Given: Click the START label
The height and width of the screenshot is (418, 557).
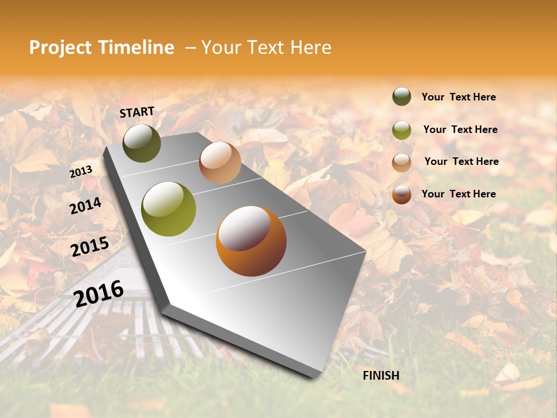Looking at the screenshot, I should [137, 112].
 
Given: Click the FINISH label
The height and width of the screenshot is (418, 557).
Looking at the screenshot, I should [381, 376].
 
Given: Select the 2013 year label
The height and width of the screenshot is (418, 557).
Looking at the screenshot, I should [81, 172].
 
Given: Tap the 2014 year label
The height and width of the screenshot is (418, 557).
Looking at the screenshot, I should [85, 206].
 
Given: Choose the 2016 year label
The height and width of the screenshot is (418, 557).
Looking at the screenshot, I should [99, 293].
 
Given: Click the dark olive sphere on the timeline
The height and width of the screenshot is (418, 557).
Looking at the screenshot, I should [142, 143].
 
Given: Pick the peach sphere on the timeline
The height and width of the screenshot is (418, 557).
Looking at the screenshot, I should [220, 162].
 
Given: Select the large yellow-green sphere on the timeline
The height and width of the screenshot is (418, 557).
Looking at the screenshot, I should [169, 209].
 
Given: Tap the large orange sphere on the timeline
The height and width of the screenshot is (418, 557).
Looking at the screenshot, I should [251, 241].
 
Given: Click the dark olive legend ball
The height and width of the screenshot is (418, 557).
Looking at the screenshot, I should [402, 96].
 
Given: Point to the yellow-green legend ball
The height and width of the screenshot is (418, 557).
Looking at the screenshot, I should [402, 130].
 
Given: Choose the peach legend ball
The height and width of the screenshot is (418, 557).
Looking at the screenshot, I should [402, 162].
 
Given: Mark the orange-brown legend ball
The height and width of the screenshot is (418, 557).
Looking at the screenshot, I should [402, 194].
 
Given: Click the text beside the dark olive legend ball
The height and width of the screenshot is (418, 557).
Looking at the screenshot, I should [458, 98].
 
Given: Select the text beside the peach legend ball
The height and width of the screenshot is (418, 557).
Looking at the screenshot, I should [461, 161].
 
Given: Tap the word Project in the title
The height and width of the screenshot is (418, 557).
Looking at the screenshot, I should [60, 48].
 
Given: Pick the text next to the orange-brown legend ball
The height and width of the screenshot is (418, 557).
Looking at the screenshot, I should [458, 194].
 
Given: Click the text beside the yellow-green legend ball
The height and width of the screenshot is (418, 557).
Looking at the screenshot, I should [460, 129].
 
